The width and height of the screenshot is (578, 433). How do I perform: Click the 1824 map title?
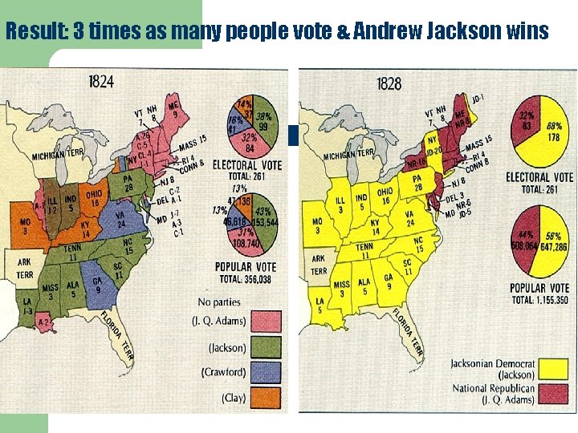click(100, 82)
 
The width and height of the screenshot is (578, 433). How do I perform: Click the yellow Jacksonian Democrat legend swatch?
click(553, 370)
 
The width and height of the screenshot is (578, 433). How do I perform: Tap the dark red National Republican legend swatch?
click(553, 395)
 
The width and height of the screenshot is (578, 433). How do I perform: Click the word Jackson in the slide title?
click(454, 32)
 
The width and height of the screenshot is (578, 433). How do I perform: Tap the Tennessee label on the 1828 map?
click(364, 251)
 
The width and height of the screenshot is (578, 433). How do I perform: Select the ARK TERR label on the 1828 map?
click(319, 265)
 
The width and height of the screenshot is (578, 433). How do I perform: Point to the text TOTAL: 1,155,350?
click(540, 299)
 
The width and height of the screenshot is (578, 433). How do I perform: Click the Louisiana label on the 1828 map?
click(320, 306)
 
